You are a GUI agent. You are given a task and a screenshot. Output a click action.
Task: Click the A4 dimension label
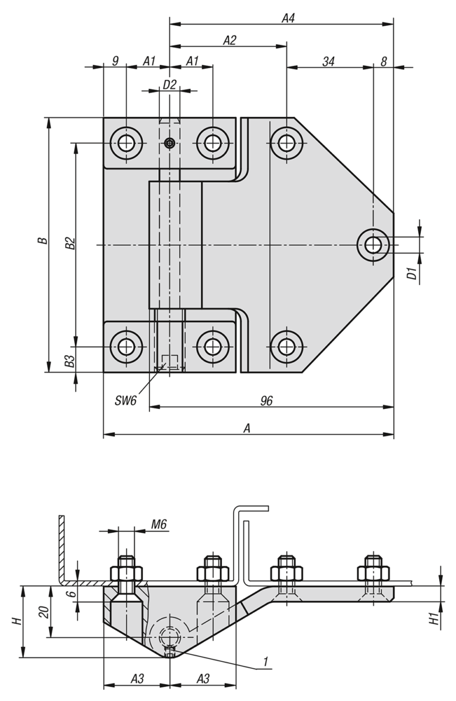point(288,19)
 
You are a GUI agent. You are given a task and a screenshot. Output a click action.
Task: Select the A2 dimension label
point(229,40)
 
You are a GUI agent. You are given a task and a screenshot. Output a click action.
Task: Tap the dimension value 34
point(328,62)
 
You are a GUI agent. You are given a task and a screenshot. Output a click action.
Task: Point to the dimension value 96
point(266,401)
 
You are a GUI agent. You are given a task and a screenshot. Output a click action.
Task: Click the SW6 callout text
point(126,401)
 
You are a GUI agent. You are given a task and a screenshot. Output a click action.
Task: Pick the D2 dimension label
point(169,85)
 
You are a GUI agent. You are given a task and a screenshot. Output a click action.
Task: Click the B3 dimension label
point(70,361)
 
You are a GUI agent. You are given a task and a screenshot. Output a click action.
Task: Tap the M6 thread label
point(159,524)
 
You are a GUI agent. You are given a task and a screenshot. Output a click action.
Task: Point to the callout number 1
point(266,661)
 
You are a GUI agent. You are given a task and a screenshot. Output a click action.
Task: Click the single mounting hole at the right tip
point(373,245)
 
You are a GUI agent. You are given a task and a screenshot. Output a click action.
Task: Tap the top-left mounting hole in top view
point(126,143)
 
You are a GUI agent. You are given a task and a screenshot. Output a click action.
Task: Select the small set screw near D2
point(169,143)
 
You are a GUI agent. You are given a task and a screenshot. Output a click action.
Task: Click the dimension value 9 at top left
point(115,61)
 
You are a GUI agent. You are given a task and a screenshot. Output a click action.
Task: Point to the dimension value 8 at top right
point(384,62)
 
